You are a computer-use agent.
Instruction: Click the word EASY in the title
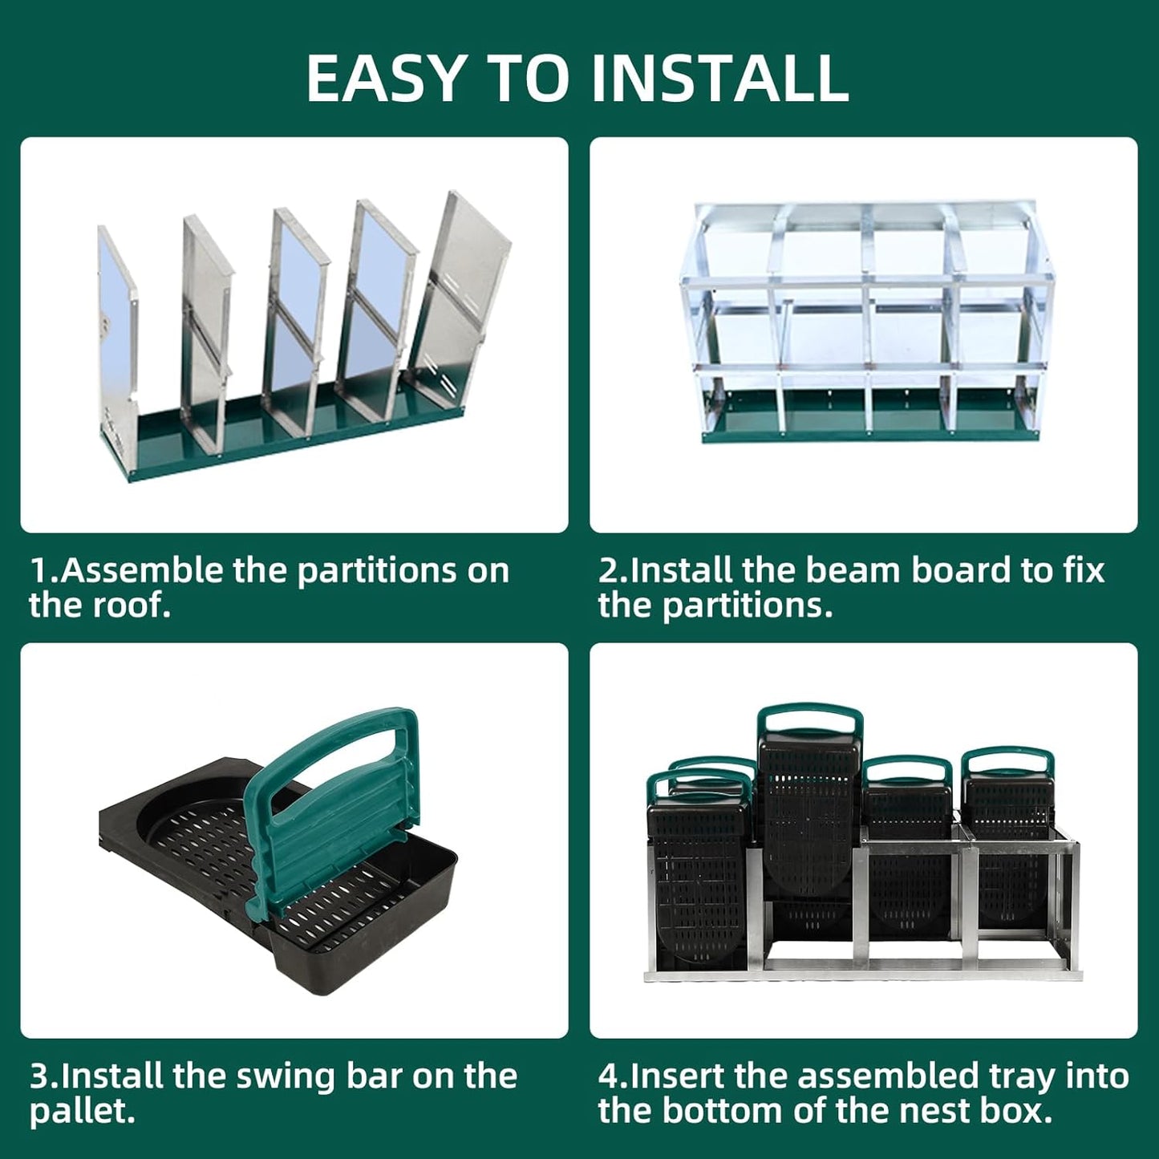click(385, 78)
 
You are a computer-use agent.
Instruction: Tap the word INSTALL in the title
click(719, 78)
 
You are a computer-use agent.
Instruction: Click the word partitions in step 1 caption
click(403, 571)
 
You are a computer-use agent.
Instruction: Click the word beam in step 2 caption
click(854, 571)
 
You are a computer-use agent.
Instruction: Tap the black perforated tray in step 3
click(201, 842)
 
